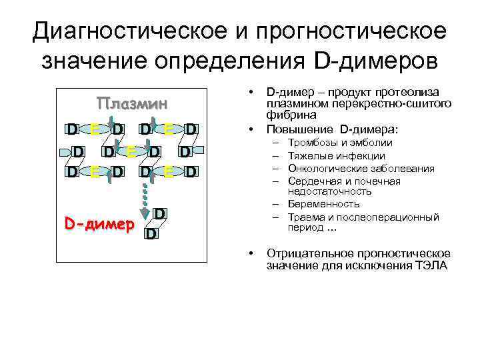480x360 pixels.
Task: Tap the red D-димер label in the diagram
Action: point(99,223)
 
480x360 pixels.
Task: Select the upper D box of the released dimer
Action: point(160,214)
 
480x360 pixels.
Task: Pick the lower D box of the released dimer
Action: point(151,234)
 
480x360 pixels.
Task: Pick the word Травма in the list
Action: point(305,217)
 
